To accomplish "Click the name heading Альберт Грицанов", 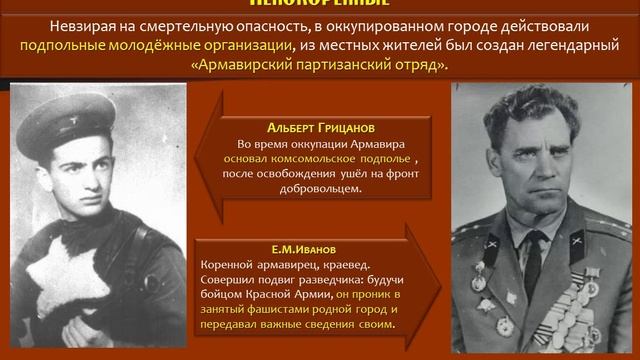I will click(319, 129).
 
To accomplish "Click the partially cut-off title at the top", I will click(319, 5).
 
